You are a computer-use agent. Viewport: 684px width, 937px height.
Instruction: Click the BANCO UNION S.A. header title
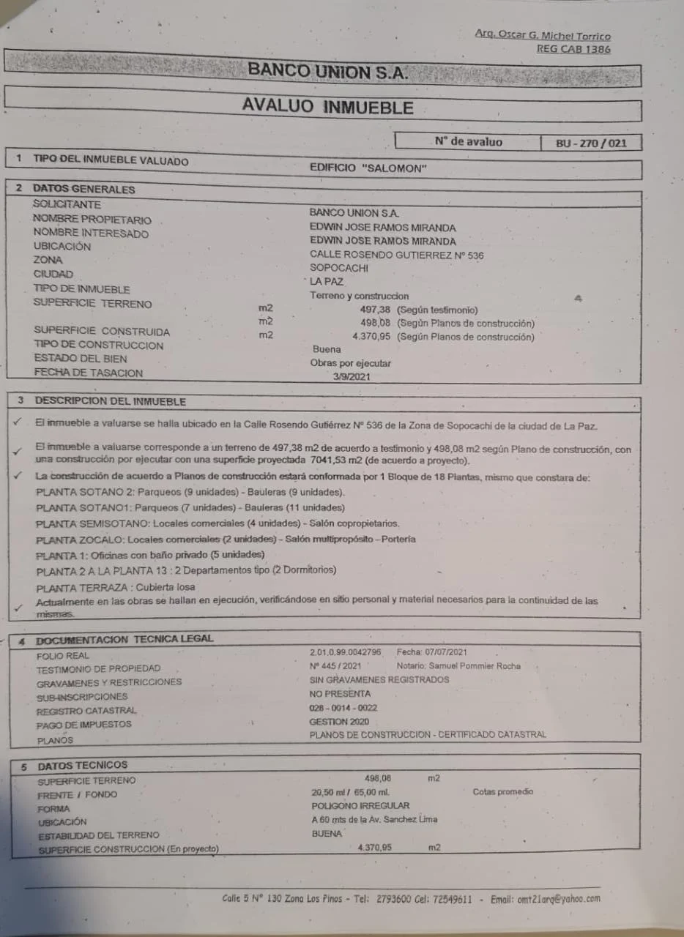[x=327, y=71]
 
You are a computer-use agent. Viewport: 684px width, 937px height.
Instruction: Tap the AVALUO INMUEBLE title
[x=327, y=107]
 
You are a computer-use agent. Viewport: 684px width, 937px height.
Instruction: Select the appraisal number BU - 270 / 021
[x=591, y=143]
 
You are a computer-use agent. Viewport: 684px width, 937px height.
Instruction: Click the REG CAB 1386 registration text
[x=573, y=49]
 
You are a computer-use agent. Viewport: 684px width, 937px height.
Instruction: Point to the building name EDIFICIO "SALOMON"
[x=368, y=168]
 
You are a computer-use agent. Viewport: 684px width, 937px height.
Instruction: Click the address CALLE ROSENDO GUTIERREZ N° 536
[x=396, y=255]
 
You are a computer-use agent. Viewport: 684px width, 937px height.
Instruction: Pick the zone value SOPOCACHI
[x=339, y=268]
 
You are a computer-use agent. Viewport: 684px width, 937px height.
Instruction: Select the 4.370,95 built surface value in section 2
[x=371, y=337]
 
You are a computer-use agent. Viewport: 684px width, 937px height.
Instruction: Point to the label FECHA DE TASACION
[x=88, y=373]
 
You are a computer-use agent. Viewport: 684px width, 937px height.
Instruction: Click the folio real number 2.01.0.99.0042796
[x=345, y=652]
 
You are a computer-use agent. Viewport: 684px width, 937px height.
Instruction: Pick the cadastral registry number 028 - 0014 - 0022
[x=343, y=708]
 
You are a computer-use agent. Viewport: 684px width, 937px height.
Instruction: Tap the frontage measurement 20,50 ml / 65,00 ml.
[x=350, y=792]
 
